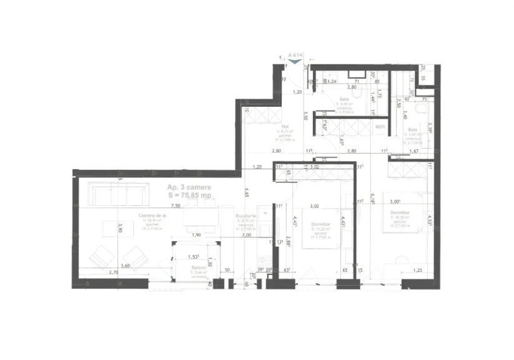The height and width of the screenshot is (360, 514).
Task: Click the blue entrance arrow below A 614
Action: (x=294, y=61)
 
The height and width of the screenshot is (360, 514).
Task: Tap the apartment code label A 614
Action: (x=295, y=55)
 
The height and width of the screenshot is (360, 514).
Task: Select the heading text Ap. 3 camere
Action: (x=189, y=187)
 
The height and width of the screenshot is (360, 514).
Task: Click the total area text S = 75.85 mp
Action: (x=190, y=195)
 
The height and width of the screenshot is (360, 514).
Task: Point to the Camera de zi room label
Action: (x=152, y=215)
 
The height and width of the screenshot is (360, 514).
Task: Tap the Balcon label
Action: (x=199, y=267)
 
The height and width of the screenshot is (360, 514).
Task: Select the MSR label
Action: (x=380, y=127)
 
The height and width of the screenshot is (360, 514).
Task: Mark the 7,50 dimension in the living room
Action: (x=175, y=205)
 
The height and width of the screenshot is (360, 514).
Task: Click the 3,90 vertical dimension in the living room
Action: (x=121, y=229)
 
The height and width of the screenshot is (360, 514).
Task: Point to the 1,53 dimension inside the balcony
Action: (x=193, y=257)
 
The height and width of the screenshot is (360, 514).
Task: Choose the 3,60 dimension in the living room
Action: (x=125, y=266)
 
